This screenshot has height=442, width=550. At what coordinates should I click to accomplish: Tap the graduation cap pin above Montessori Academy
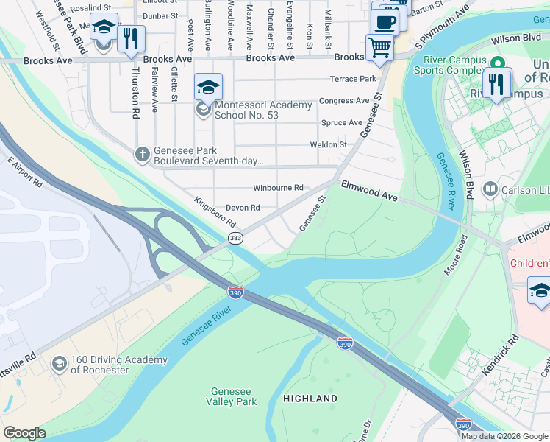(x=209, y=87)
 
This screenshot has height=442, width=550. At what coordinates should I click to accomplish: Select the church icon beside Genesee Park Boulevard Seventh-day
(x=143, y=155)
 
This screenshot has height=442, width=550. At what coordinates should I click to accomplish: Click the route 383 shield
(x=235, y=237)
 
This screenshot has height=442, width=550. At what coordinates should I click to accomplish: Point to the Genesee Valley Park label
(x=233, y=396)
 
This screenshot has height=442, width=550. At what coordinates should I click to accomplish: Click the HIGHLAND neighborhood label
(x=310, y=399)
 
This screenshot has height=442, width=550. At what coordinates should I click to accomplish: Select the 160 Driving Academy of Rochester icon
(x=59, y=364)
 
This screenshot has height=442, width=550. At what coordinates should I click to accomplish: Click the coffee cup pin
(x=385, y=21)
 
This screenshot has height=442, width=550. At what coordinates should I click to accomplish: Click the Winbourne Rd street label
(x=278, y=189)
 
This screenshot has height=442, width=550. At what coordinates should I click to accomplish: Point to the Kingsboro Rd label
(x=214, y=211)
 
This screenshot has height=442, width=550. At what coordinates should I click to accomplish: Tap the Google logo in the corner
(x=24, y=433)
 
